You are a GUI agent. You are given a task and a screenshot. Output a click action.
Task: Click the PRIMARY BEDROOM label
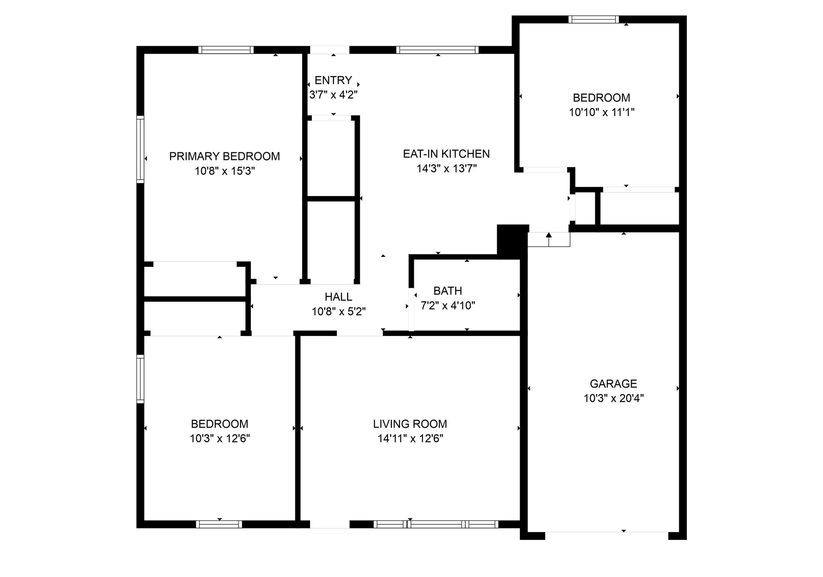(224, 156)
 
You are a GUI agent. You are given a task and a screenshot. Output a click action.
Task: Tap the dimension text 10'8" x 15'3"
(225, 171)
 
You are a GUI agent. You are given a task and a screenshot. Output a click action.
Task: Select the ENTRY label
(333, 80)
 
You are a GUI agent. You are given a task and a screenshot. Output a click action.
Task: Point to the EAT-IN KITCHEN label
(446, 154)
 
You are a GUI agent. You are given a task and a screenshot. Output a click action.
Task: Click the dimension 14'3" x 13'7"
(447, 169)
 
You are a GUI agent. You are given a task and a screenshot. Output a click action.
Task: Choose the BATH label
(448, 291)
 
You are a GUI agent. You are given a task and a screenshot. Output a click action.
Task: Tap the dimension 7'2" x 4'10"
(448, 306)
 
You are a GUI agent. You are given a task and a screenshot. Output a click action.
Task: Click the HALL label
(339, 297)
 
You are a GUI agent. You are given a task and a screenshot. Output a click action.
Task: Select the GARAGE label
(613, 384)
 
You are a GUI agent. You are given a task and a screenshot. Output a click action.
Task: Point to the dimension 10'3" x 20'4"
(614, 398)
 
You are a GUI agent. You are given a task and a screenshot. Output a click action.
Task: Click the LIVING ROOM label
(410, 424)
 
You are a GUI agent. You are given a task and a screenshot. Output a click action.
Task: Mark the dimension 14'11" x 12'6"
(411, 439)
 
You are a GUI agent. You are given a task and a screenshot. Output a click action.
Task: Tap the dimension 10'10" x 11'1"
(602, 112)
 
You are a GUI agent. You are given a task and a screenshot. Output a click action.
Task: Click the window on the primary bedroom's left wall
(140, 149)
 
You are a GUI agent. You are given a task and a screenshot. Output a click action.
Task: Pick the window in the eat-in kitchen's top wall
(437, 50)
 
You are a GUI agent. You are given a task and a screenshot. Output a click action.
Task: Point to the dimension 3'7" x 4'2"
(333, 95)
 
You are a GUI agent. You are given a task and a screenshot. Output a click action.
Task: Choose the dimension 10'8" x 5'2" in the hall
(339, 312)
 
